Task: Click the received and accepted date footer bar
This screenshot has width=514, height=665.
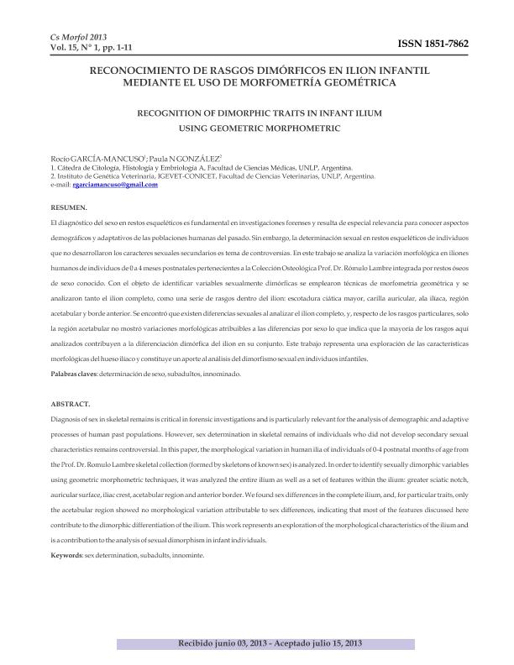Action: pos(257,642)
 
